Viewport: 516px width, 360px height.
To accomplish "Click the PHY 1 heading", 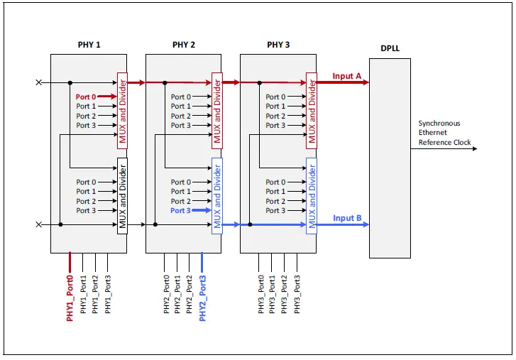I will (89, 45).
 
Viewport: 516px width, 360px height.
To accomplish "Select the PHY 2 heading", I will (183, 45).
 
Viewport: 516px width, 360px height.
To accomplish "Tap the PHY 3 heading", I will (278, 45).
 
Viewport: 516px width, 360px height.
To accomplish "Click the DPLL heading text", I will (390, 49).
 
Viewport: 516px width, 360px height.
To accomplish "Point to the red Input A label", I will (347, 76).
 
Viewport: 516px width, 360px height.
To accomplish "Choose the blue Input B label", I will (347, 218).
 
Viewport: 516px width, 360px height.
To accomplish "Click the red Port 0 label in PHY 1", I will (86, 97).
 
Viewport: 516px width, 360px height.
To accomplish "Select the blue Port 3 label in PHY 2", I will (180, 211).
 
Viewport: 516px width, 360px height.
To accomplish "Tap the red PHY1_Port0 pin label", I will (70, 298).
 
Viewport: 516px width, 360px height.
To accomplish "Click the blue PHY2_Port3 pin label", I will (203, 298).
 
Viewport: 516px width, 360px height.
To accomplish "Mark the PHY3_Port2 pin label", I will (285, 294).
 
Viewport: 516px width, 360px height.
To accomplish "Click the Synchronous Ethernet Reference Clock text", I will (444, 133).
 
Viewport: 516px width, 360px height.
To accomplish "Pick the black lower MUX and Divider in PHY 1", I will (122, 196).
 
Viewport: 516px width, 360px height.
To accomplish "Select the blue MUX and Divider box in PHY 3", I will (311, 196).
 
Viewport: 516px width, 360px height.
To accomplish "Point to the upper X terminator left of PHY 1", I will (38, 82).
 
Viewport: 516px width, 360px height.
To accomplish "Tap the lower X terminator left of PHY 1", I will (38, 224).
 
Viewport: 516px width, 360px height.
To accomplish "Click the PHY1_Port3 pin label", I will (108, 294).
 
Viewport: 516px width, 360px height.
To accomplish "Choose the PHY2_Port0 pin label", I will (166, 294).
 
